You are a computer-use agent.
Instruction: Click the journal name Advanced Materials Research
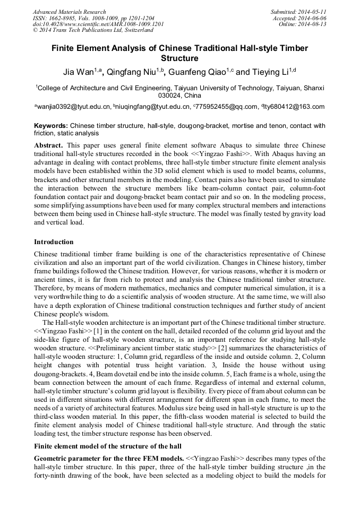coord(69,12)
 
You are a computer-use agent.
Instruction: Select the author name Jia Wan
coord(79,72)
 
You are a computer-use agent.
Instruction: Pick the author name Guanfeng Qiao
coord(200,72)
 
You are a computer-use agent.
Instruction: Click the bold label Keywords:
coord(51,126)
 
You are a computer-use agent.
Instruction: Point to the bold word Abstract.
coord(49,145)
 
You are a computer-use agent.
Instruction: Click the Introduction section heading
coord(54,241)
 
